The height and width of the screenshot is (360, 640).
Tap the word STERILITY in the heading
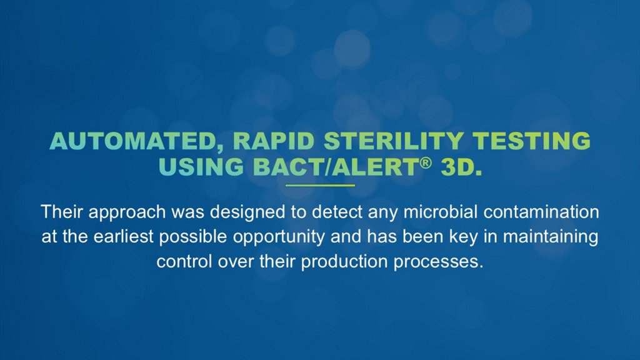394,141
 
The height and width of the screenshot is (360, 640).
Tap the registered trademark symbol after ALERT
425,163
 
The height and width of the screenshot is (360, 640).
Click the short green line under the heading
320,186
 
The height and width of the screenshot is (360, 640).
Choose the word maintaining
551,237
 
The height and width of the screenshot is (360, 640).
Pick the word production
344,262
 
